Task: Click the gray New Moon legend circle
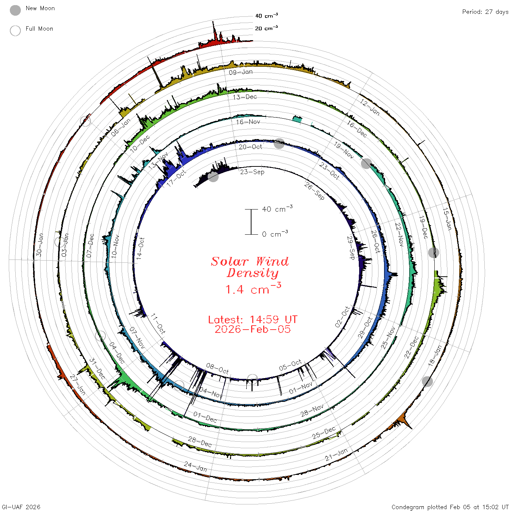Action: click(15, 10)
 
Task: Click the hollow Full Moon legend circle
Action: click(15, 31)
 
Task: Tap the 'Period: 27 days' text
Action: click(485, 12)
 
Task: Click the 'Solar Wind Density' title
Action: click(250, 267)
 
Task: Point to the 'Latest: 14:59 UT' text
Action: click(253, 319)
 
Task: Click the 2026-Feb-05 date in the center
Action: click(253, 329)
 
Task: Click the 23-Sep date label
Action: click(252, 172)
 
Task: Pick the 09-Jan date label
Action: click(241, 72)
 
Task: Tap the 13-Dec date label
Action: click(245, 97)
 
